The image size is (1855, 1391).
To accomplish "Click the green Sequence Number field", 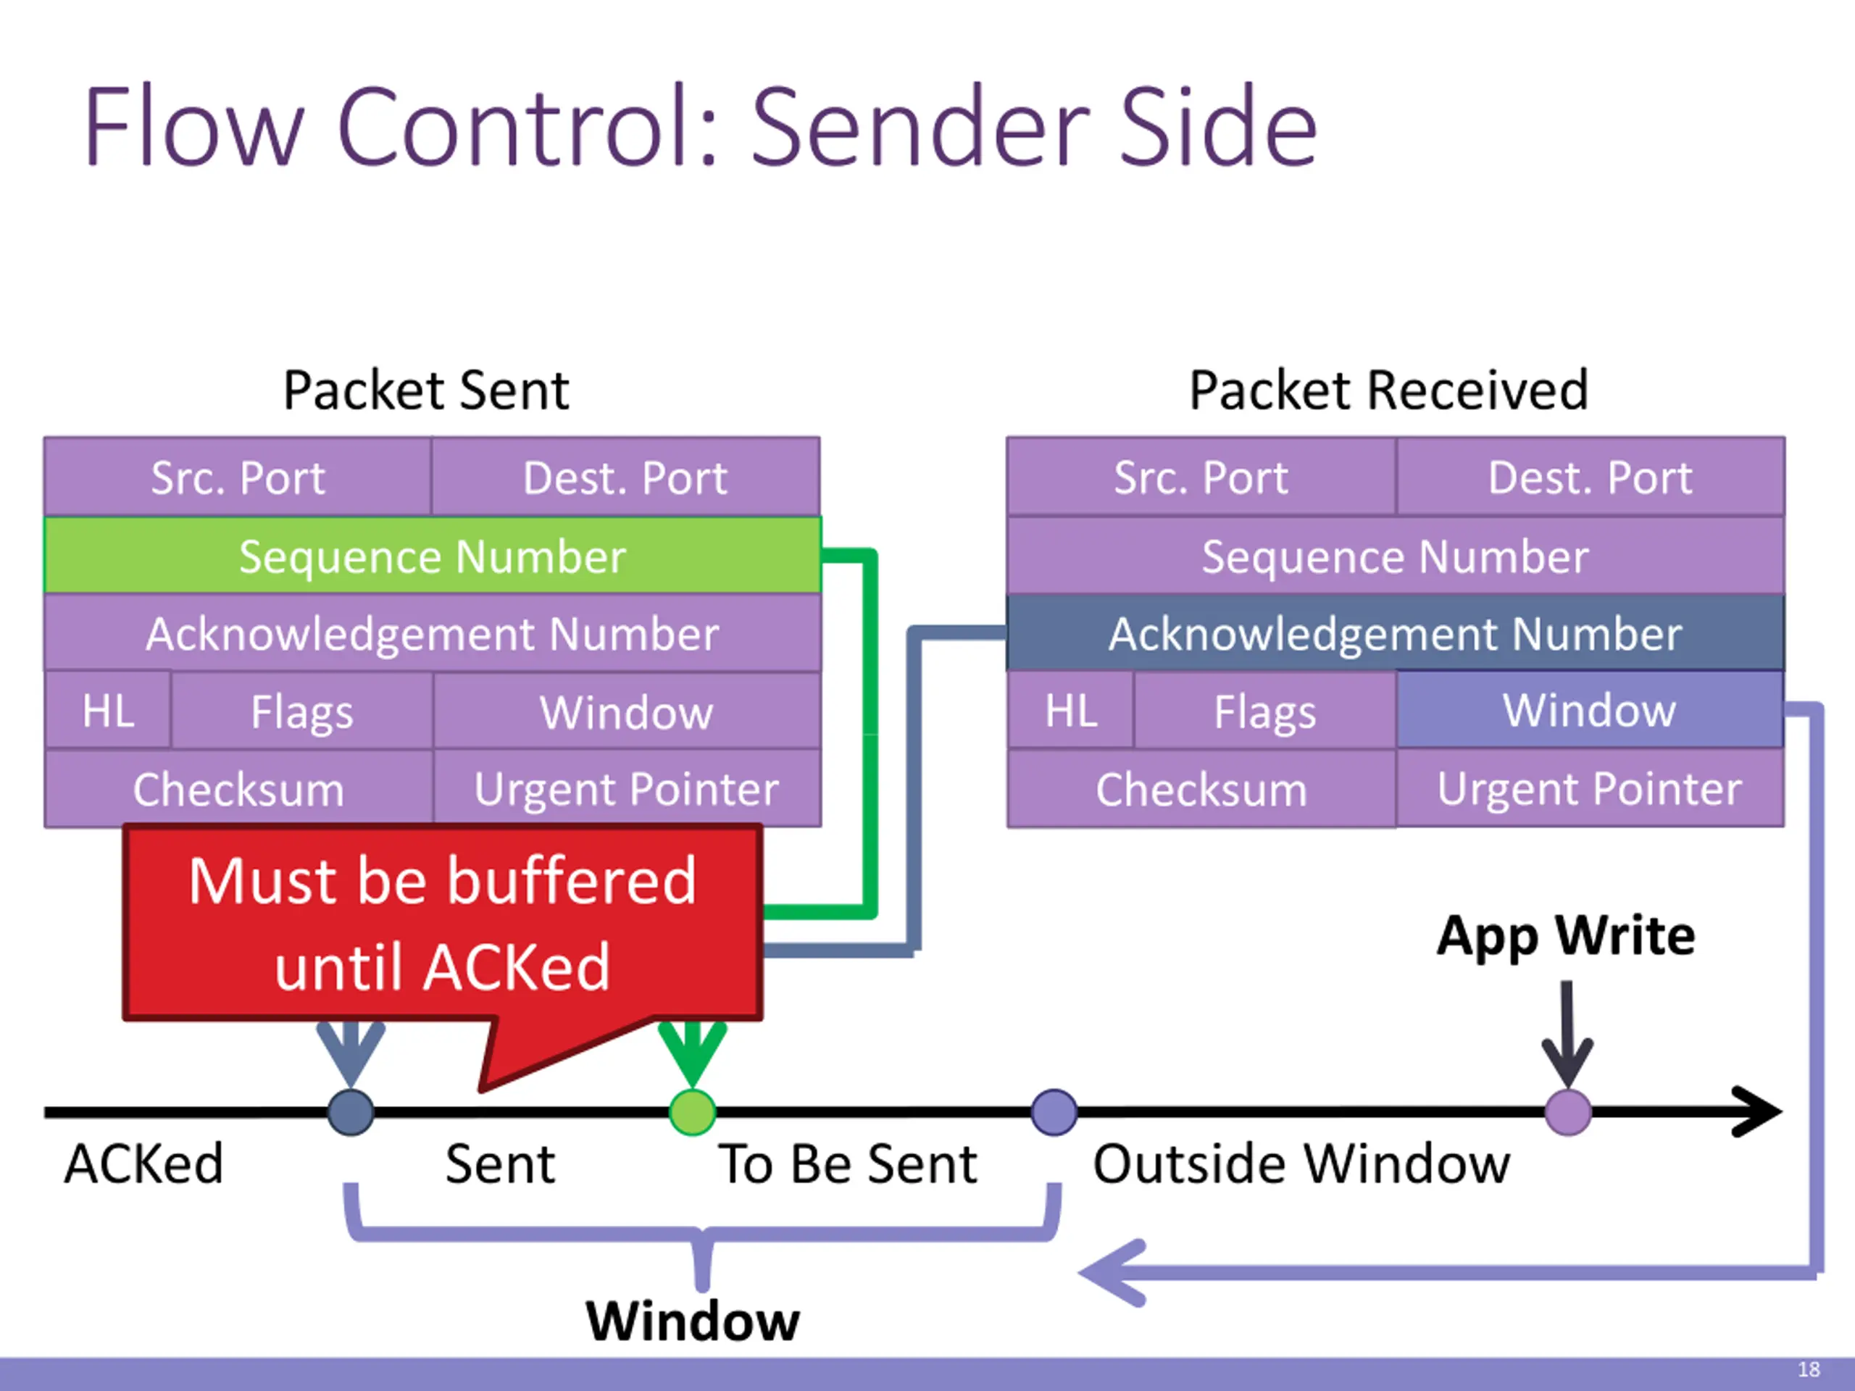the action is tap(433, 555).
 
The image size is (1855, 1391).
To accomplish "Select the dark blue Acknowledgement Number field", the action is tap(1396, 633).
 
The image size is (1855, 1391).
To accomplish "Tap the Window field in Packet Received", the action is tap(1590, 709).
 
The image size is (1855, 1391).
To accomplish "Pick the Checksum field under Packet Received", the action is tap(1201, 788).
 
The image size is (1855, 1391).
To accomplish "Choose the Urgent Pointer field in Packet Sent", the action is tap(627, 788).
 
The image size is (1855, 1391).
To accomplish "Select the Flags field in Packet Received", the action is tap(1265, 711).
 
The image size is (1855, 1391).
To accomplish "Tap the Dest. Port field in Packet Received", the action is tap(1590, 477).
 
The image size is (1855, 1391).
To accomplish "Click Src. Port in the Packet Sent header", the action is tap(238, 477).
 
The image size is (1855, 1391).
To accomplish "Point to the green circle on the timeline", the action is tap(693, 1113).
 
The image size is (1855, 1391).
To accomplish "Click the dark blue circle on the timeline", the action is tap(351, 1113).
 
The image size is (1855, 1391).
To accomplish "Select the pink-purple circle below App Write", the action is tap(1568, 1113).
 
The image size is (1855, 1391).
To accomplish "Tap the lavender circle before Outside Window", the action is tap(1054, 1113).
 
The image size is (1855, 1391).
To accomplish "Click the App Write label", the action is tap(1566, 936).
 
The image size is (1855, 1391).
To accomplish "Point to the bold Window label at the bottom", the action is tap(693, 1321).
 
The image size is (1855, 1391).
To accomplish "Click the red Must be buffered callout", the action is tap(443, 923).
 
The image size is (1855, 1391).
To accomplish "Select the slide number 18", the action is tap(1809, 1369).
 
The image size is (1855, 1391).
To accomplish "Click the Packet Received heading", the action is tap(1390, 390).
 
